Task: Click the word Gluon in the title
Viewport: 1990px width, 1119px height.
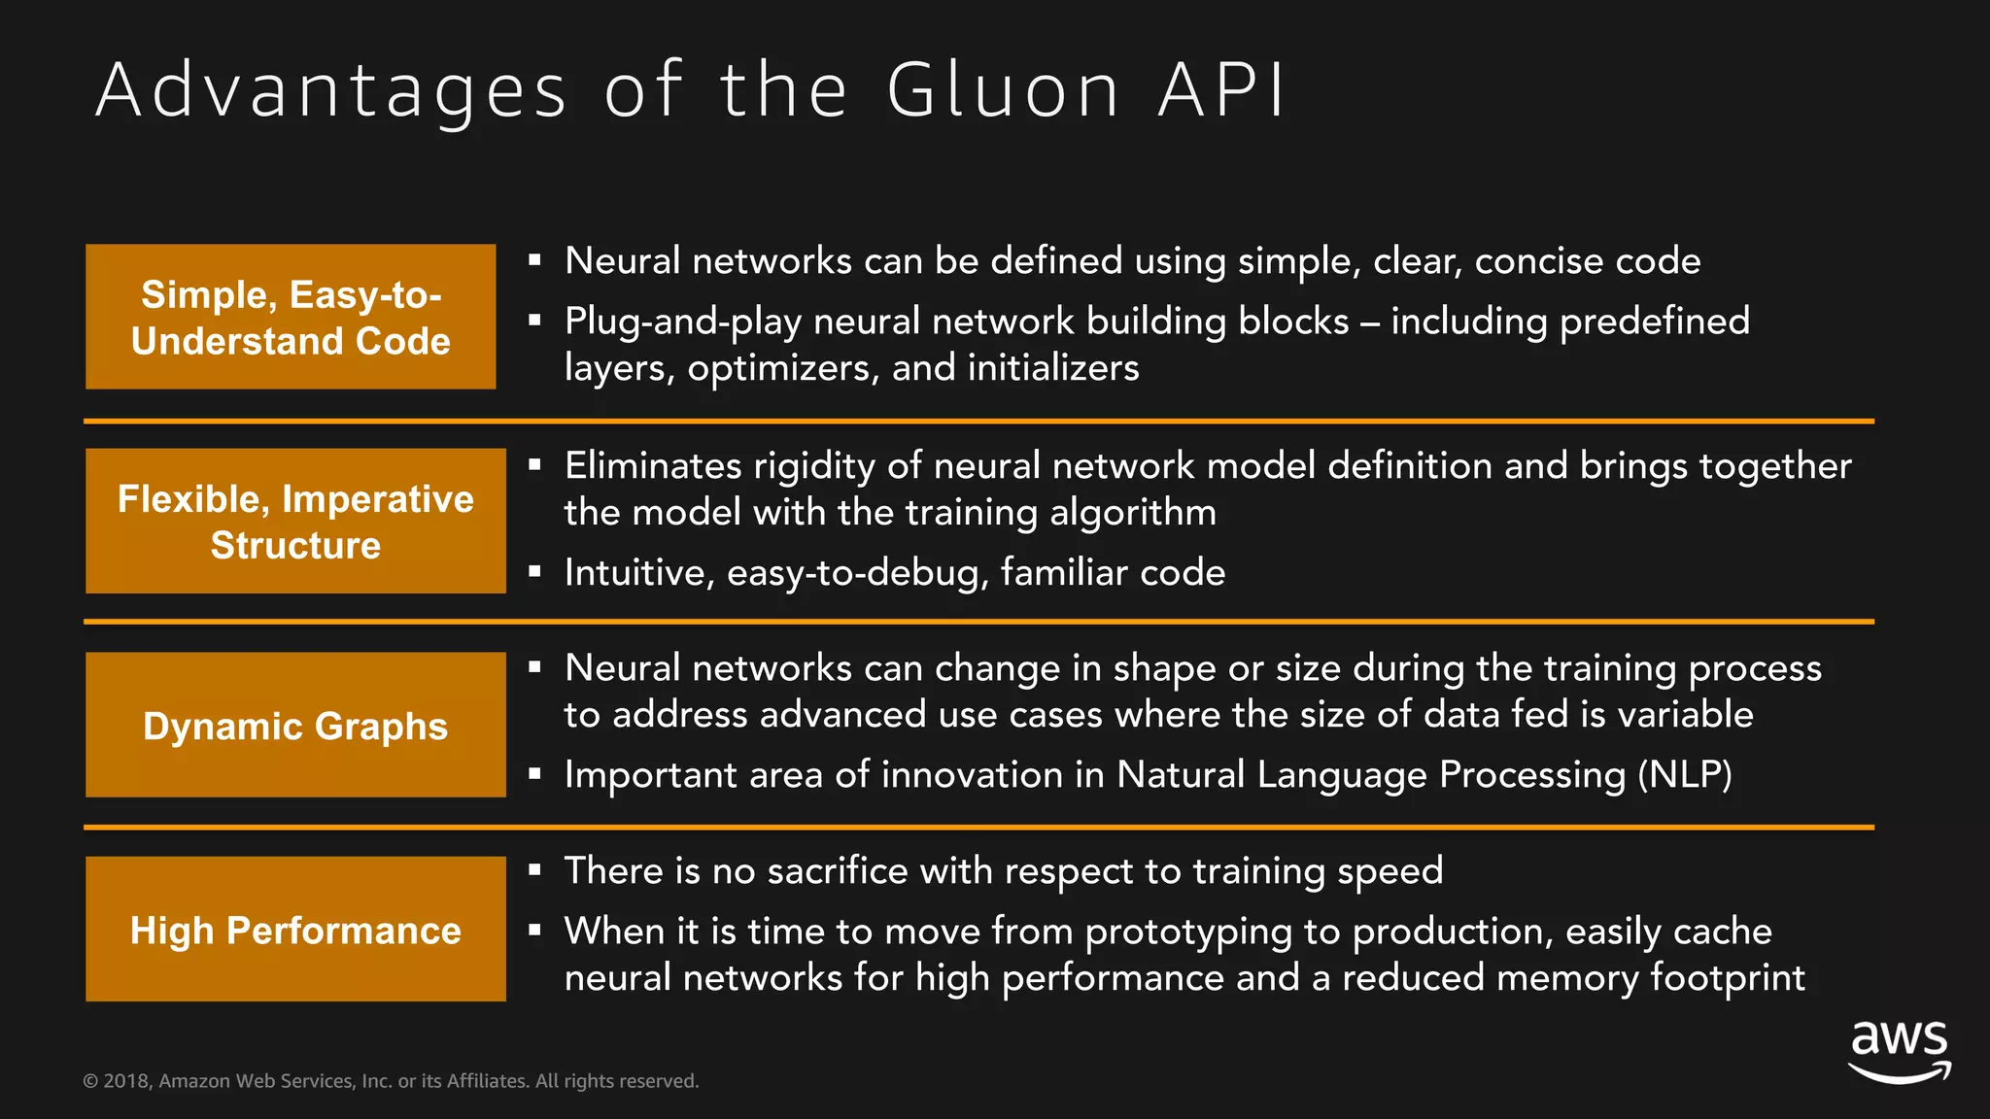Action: [1004, 90]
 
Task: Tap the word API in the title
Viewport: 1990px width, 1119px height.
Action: [1222, 90]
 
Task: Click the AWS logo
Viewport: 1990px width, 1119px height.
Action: [1899, 1051]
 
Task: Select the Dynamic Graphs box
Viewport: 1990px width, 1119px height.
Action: [295, 725]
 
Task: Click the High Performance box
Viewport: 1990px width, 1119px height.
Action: [295, 929]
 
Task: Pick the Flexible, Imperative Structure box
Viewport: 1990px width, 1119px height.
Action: [295, 521]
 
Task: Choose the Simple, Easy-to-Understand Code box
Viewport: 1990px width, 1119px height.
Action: [291, 317]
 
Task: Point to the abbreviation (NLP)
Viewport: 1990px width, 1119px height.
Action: [1684, 775]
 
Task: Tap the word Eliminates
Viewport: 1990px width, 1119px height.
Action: [653, 466]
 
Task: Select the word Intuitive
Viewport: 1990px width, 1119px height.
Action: [638, 573]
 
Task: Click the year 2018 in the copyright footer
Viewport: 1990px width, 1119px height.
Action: [126, 1081]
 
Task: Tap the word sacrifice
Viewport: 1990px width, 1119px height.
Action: [837, 871]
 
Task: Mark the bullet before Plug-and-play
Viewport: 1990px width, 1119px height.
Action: [534, 320]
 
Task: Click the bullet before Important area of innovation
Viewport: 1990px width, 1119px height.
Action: [534, 774]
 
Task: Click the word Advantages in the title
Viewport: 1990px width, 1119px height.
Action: [330, 90]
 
